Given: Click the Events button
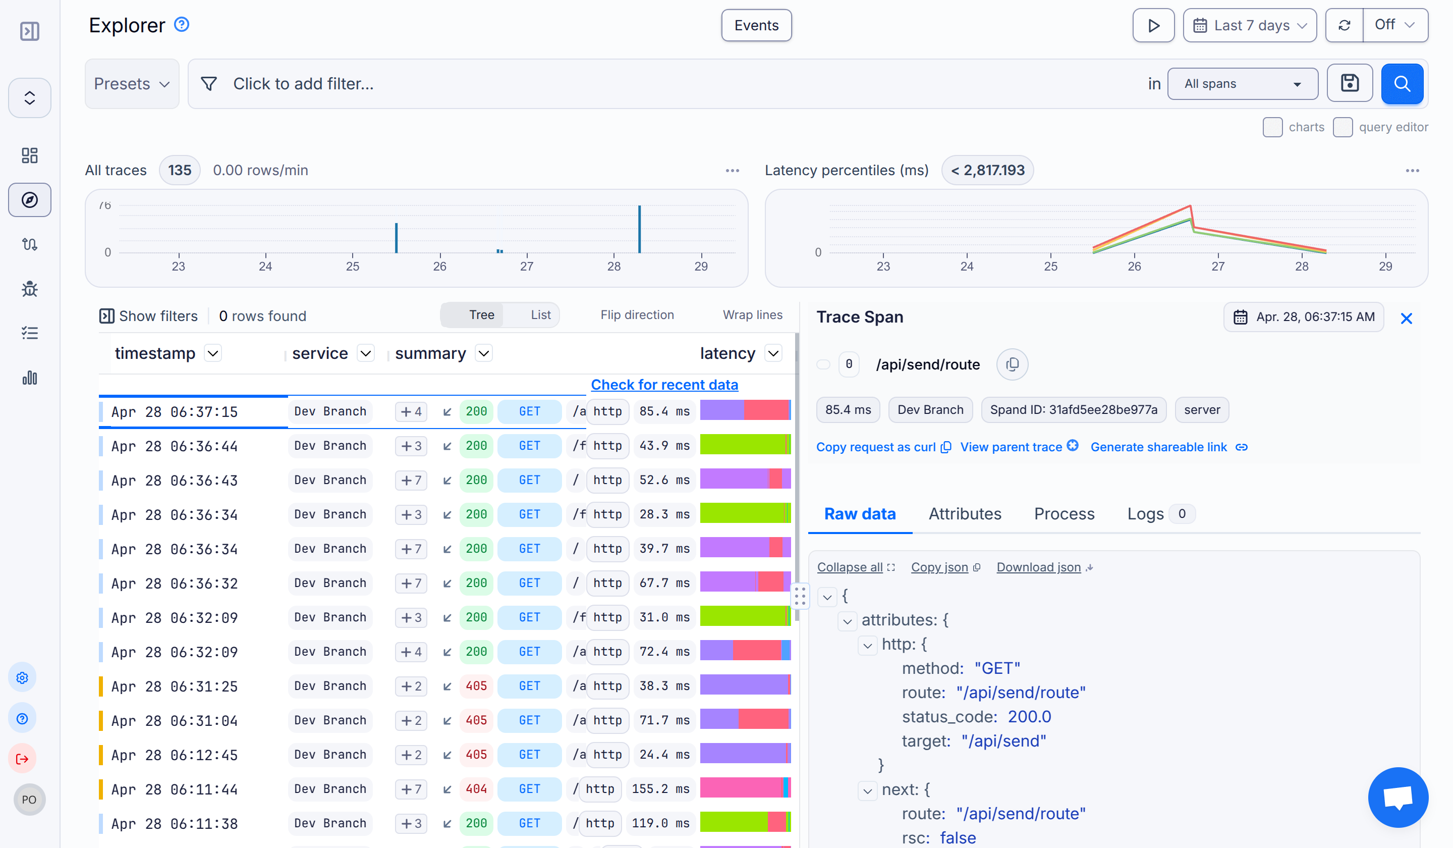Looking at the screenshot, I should pyautogui.click(x=756, y=25).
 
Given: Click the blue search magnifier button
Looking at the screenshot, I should pyautogui.click(x=1401, y=84).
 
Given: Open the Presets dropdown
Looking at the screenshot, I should pyautogui.click(x=132, y=84).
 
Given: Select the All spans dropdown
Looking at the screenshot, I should pyautogui.click(x=1242, y=84).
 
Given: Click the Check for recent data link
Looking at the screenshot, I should pyautogui.click(x=664, y=385).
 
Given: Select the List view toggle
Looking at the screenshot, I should pyautogui.click(x=540, y=315).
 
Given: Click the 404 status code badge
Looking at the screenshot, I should pyautogui.click(x=476, y=788).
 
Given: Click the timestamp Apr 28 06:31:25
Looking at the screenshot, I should pyautogui.click(x=174, y=686).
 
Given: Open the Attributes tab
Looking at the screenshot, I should pyautogui.click(x=965, y=514).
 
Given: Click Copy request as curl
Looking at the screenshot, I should pyautogui.click(x=876, y=447).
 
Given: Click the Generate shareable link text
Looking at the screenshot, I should pyautogui.click(x=1158, y=447).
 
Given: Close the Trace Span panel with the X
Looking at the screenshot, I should pyautogui.click(x=1406, y=319).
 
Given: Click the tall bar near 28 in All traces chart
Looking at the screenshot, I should pyautogui.click(x=639, y=230).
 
